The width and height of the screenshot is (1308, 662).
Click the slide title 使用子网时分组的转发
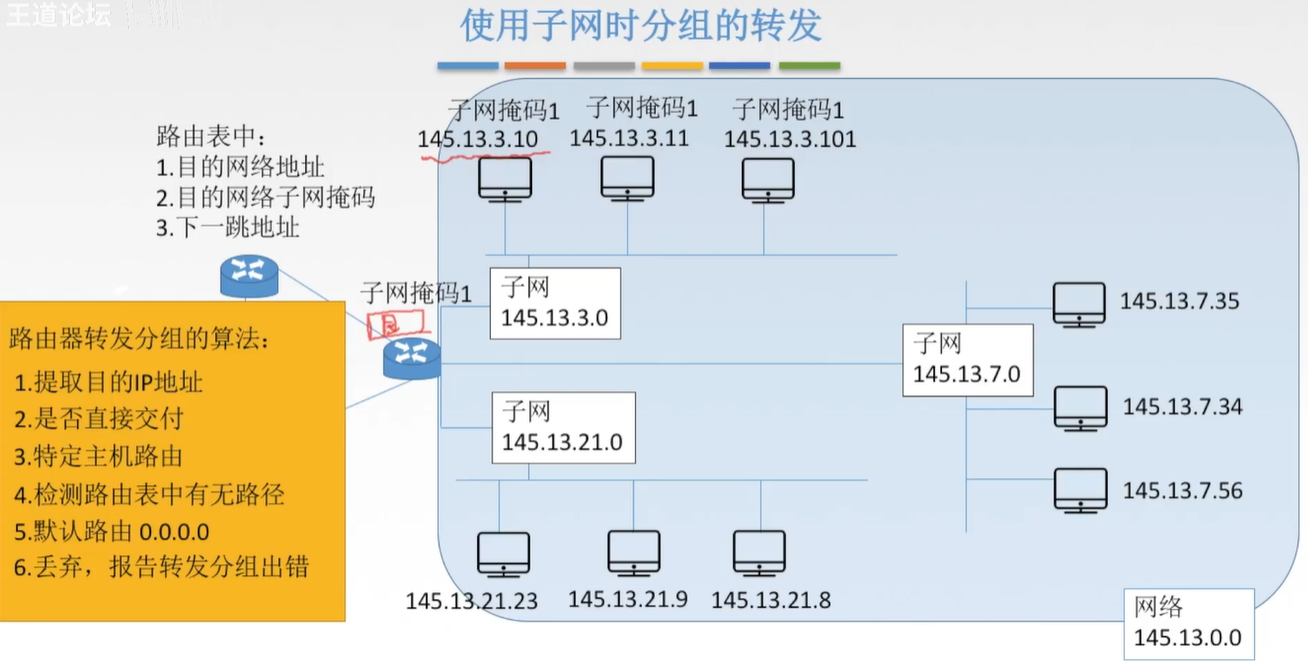point(641,26)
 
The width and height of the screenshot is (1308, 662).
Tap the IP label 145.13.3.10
point(477,139)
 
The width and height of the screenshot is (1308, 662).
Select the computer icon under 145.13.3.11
point(627,179)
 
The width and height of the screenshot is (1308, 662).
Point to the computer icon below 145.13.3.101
point(768,180)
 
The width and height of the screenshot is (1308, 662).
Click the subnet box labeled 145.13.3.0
point(554,303)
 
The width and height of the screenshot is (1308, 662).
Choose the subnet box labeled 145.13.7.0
point(967,360)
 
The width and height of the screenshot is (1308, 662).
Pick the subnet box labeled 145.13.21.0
point(562,428)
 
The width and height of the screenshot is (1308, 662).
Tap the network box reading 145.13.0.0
point(1188,623)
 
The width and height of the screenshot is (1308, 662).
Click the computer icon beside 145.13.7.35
point(1079,304)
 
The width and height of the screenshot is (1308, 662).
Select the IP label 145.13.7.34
point(1182,407)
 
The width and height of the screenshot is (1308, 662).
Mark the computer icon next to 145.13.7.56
point(1080,490)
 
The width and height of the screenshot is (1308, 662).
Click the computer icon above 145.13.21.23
point(503,554)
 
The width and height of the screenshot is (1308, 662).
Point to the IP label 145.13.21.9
point(628,598)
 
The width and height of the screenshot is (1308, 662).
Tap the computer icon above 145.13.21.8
point(759,553)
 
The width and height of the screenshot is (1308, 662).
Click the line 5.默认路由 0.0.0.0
point(112,531)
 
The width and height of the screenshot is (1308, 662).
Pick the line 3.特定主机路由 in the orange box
point(98,457)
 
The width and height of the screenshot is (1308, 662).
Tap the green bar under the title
point(809,65)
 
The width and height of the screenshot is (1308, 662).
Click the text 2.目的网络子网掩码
point(266,197)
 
